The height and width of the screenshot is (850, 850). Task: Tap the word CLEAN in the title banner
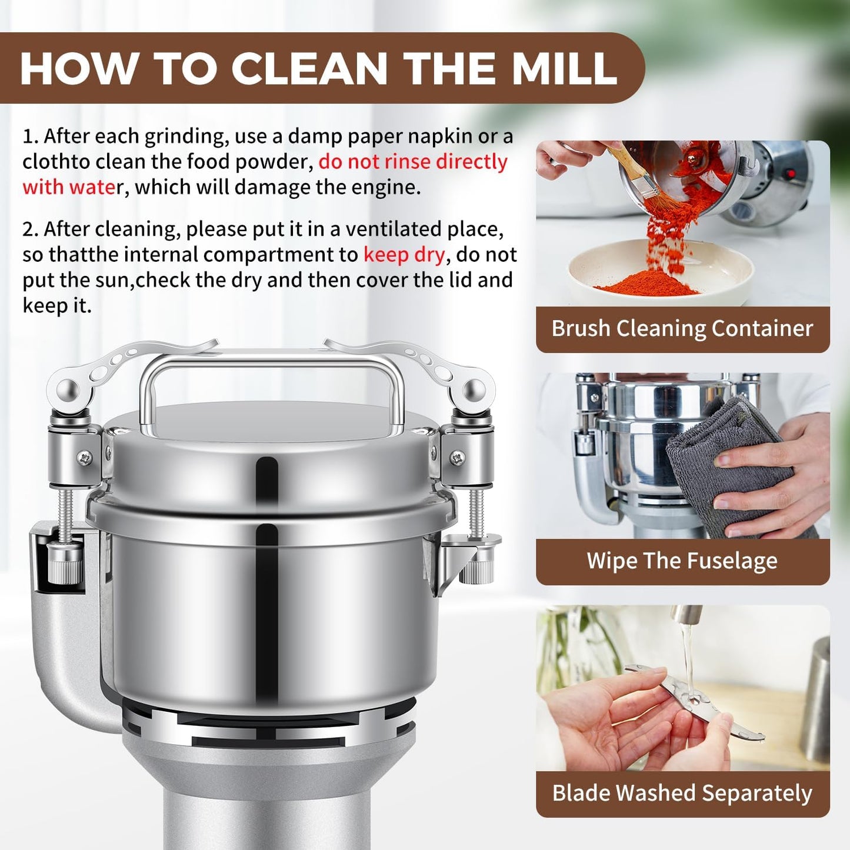pyautogui.click(x=309, y=69)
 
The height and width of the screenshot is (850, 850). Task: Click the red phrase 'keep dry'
pyautogui.click(x=404, y=255)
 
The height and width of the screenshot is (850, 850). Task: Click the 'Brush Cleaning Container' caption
pyautogui.click(x=682, y=329)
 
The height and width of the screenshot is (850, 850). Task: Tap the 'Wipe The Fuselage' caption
pyautogui.click(x=682, y=561)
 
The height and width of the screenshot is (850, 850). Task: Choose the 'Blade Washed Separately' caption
pyautogui.click(x=682, y=794)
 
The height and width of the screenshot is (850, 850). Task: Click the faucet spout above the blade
pyautogui.click(x=687, y=615)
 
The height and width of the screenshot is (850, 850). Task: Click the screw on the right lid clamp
pyautogui.click(x=457, y=456)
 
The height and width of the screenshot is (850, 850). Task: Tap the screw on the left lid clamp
pyautogui.click(x=86, y=456)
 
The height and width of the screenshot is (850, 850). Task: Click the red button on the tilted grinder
pyautogui.click(x=791, y=174)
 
